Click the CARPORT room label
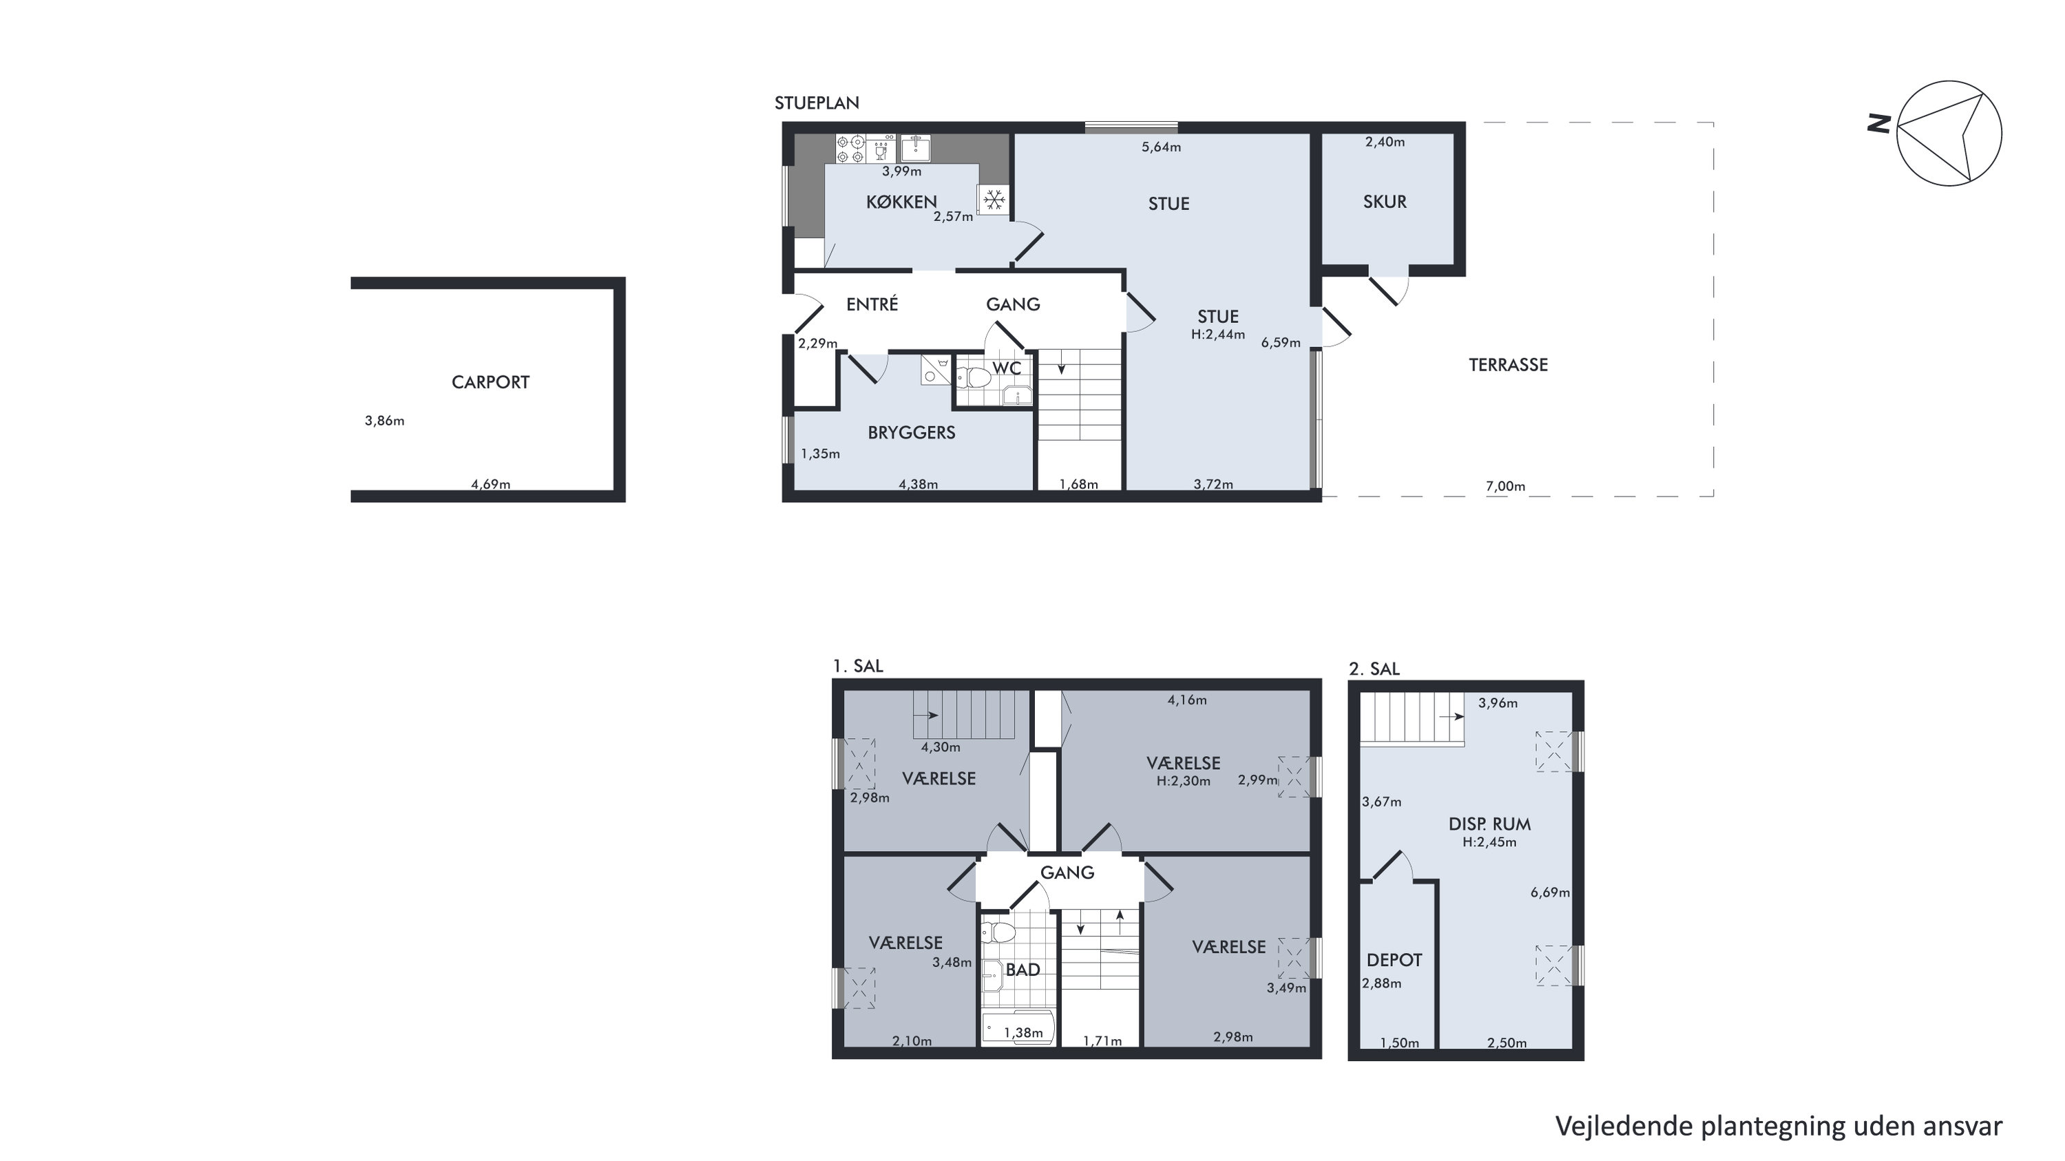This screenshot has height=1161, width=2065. click(490, 382)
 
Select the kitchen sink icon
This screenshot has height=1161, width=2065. click(914, 148)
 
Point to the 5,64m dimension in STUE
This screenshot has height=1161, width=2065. click(1161, 147)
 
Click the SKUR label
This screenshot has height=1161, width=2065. click(1385, 202)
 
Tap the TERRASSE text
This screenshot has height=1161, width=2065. click(1508, 365)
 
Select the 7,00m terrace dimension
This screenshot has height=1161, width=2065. click(1505, 486)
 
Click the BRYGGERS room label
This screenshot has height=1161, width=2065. click(912, 433)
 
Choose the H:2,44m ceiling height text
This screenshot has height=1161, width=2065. click(1217, 335)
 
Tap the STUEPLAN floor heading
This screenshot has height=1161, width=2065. click(816, 103)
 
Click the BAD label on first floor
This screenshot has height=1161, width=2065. click(1023, 970)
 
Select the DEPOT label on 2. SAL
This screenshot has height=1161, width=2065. click(1394, 960)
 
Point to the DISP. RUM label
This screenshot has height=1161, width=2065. click(1489, 824)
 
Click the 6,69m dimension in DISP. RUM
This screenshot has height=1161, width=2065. click(1549, 892)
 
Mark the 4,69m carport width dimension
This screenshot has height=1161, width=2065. click(490, 484)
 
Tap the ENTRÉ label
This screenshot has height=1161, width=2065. click(872, 304)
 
